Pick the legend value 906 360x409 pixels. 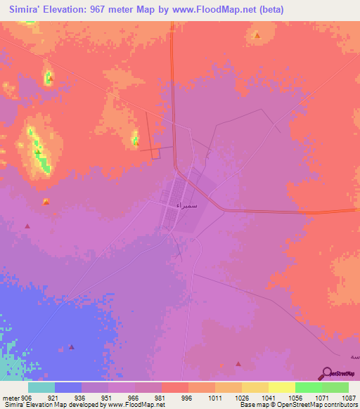27,397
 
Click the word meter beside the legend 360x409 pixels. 11,397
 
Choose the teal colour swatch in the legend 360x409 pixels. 41,387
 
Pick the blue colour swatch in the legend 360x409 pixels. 68,387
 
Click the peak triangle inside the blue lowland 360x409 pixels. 72,347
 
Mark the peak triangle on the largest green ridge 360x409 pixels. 37,152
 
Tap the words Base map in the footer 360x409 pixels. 255,405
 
